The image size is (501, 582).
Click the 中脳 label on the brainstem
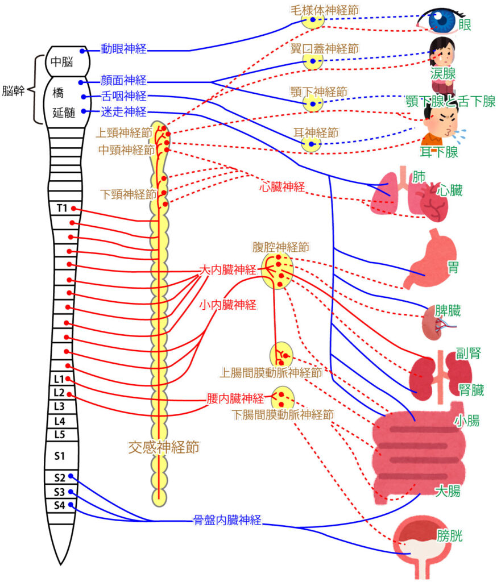[x=62, y=62]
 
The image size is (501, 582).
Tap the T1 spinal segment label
[x=62, y=208]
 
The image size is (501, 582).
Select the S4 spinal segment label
[x=60, y=505]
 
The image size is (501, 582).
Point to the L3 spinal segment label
[x=60, y=406]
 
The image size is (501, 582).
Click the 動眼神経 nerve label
[x=124, y=49]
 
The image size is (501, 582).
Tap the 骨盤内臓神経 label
[x=227, y=519]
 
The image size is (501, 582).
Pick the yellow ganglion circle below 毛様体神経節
[x=313, y=21]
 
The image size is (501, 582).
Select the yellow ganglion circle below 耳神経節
[x=312, y=144]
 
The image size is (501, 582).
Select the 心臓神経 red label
[x=283, y=186]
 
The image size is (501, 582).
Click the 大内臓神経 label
[x=227, y=271]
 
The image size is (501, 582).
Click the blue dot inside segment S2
[x=70, y=476]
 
